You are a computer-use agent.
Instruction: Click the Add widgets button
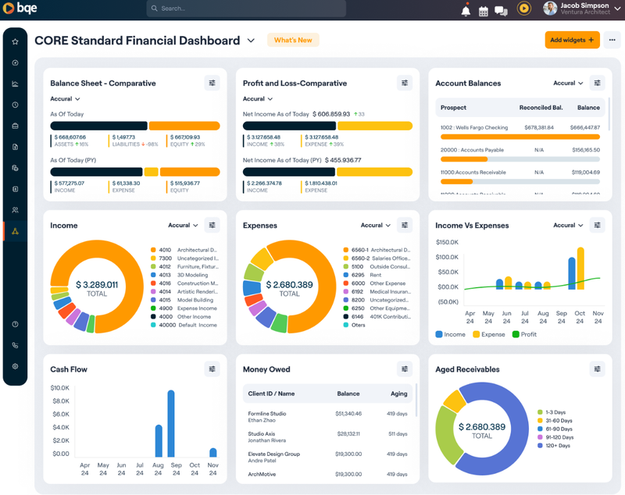(572, 40)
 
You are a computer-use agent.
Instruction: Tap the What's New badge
(293, 40)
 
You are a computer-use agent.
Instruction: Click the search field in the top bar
(246, 9)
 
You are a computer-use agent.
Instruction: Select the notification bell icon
(466, 10)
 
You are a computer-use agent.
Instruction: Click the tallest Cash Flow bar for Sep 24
(171, 423)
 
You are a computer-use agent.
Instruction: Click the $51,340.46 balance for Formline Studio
(348, 414)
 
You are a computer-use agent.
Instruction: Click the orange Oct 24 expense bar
(580, 269)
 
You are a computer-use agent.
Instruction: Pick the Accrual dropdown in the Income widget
(183, 226)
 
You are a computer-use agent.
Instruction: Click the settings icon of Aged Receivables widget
(598, 369)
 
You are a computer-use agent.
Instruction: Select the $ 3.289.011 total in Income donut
(97, 285)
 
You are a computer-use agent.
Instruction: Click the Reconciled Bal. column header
(541, 108)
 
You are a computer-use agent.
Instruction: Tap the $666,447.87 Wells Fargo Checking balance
(584, 127)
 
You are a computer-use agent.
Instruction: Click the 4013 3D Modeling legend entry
(184, 275)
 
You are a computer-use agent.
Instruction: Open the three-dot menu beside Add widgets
(612, 40)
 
